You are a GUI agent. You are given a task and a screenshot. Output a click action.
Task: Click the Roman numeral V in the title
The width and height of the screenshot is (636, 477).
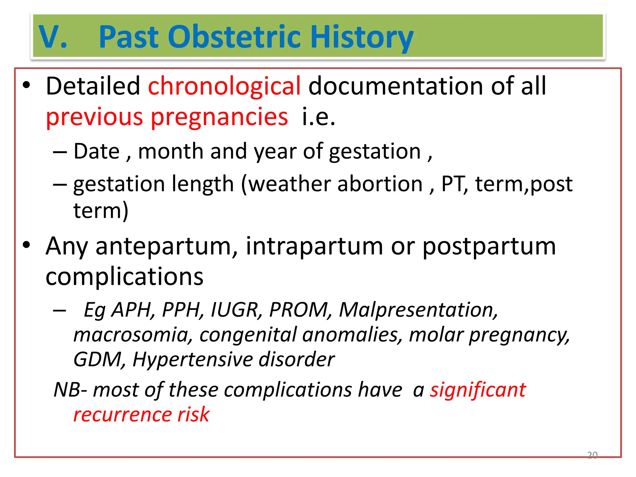pyautogui.click(x=49, y=37)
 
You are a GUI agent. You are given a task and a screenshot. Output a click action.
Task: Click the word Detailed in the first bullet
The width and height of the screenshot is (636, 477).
pyautogui.click(x=93, y=86)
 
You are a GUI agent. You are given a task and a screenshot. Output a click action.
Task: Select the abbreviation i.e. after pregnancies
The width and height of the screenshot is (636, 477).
pyautogui.click(x=318, y=117)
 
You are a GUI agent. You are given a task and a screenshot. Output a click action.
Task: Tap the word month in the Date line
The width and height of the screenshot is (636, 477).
pyautogui.click(x=170, y=152)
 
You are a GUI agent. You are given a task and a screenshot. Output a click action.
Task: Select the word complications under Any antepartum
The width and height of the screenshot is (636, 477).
pyautogui.click(x=124, y=276)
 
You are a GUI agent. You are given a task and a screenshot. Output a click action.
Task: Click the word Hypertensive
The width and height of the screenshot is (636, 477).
pyautogui.click(x=193, y=360)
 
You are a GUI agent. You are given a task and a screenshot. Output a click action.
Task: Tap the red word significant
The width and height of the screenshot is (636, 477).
pyautogui.click(x=478, y=390)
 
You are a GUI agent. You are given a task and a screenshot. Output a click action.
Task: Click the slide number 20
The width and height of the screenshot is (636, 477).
pyautogui.click(x=592, y=455)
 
